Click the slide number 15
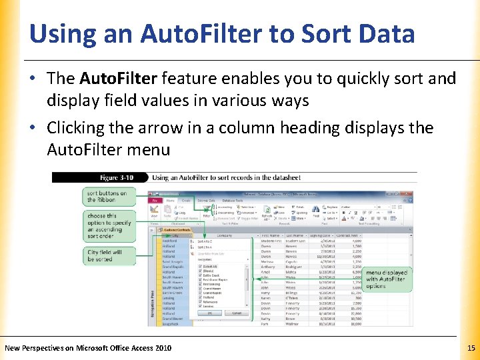pos(471,348)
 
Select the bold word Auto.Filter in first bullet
pos(118,79)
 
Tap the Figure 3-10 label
pos(116,177)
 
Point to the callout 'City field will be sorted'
pos(105,256)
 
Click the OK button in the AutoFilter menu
pos(209,313)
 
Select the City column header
pos(174,236)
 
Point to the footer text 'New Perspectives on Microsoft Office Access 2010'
pos(87,348)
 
